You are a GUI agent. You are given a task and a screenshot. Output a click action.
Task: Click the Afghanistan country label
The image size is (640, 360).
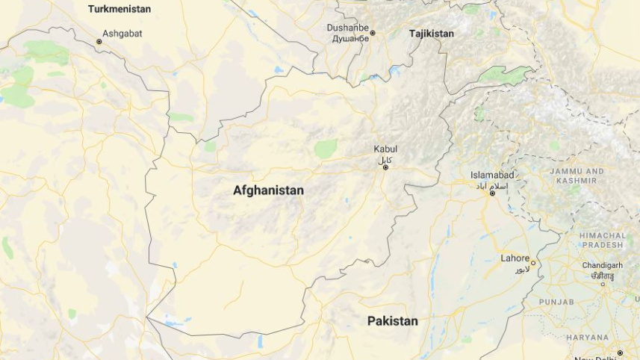click(268, 190)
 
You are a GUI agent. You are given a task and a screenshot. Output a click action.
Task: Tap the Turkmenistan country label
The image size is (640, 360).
click(119, 9)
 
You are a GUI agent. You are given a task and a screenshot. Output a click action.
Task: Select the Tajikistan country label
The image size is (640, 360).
click(432, 34)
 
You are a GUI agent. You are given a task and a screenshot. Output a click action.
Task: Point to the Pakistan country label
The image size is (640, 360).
click(392, 320)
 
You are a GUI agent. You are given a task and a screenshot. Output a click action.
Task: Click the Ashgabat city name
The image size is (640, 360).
click(122, 34)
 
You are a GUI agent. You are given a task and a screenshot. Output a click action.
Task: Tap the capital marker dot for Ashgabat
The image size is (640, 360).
click(99, 42)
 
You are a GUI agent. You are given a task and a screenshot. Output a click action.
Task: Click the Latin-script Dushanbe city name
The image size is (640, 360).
click(347, 28)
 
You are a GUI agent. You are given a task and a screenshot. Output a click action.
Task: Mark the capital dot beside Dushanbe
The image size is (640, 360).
click(373, 33)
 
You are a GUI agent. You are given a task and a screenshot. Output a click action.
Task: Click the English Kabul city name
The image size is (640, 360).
click(385, 149)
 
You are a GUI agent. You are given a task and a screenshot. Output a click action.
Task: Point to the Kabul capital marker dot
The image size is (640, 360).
click(385, 167)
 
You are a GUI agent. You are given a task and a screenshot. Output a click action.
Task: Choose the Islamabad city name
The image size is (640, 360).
click(492, 175)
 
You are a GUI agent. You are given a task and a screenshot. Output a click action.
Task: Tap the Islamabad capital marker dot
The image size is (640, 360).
click(492, 193)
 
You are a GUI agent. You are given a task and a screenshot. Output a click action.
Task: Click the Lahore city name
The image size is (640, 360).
click(515, 258)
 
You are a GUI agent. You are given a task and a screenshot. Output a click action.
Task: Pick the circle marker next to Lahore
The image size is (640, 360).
click(532, 263)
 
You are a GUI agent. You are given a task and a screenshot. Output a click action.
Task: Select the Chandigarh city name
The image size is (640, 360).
click(603, 265)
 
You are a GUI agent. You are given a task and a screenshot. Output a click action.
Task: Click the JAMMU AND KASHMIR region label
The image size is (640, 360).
click(577, 176)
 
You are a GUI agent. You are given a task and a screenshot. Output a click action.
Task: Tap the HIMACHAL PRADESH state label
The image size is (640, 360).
click(603, 240)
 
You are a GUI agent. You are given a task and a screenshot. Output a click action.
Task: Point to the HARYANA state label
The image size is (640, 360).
click(587, 338)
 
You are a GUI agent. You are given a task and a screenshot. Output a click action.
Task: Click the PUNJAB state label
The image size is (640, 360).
click(556, 302)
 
